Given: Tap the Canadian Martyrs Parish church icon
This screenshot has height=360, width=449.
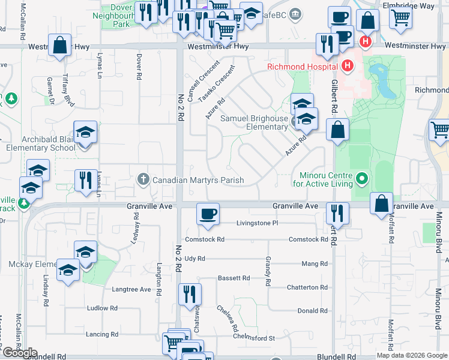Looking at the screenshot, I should [x=143, y=179].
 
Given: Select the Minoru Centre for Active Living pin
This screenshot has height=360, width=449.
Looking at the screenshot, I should [x=361, y=179].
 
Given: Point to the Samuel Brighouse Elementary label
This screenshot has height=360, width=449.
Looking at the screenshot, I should [x=254, y=122].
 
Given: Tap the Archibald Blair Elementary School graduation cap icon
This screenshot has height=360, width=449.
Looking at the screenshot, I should [x=85, y=133].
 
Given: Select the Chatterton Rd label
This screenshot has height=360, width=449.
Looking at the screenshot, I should [x=307, y=287].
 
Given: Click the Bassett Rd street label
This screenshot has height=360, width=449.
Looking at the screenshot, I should [x=234, y=278].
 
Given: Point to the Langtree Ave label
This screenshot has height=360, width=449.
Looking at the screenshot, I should [x=131, y=289].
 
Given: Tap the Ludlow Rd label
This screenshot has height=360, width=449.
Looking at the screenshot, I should [x=102, y=308].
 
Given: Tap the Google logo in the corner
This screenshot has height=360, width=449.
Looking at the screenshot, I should [x=20, y=353].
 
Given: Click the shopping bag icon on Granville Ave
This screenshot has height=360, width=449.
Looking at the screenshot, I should [x=381, y=203].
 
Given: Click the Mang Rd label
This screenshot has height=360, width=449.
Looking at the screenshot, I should [x=315, y=263].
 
